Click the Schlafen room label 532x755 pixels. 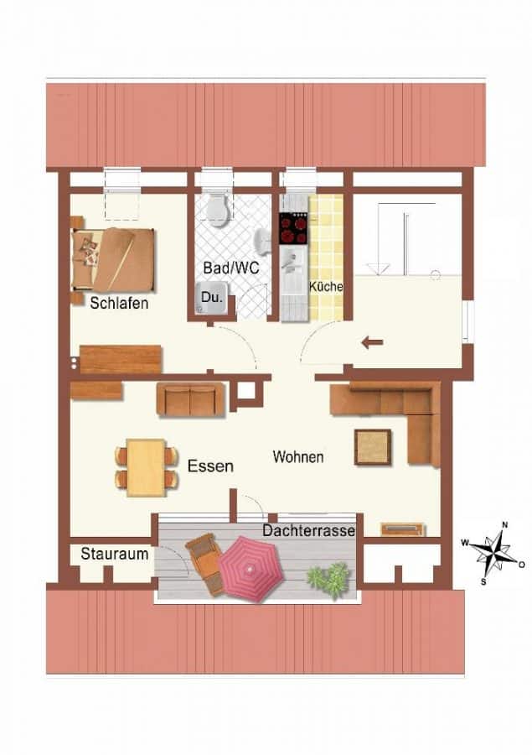tap(119, 304)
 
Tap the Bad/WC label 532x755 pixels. tap(231, 268)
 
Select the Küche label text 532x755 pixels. tap(326, 287)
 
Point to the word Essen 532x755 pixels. tap(210, 466)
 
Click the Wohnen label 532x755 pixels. tap(297, 456)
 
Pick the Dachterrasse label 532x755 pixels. tap(308, 531)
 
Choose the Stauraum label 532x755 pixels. tap(115, 554)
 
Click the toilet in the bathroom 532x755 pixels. tap(218, 210)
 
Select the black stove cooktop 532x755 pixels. tap(293, 228)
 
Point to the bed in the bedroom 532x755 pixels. tap(113, 259)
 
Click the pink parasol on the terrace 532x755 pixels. tap(251, 569)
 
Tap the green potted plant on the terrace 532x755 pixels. tap(328, 580)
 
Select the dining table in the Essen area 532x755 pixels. tap(147, 467)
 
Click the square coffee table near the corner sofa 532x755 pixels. tap(372, 447)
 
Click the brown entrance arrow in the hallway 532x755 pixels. tap(372, 343)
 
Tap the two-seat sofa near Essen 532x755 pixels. tap(190, 399)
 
